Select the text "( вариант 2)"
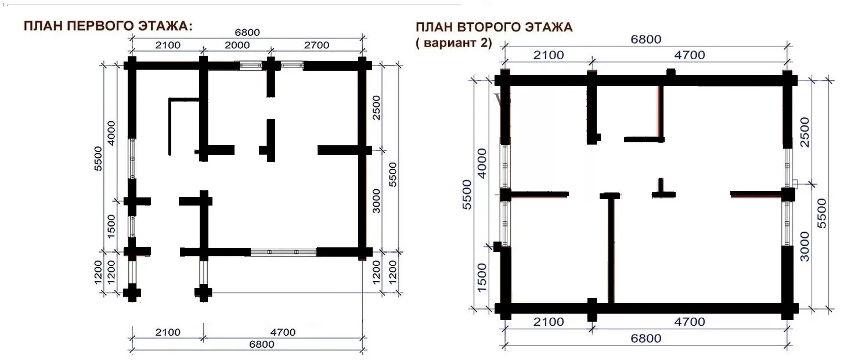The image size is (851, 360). (x=453, y=42)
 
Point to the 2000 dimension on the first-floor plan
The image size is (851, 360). (x=237, y=45)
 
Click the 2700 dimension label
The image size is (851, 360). (x=316, y=45)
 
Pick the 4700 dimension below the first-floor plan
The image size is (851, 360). (x=283, y=332)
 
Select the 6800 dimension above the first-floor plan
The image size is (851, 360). (x=247, y=33)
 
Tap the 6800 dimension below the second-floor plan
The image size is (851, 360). (x=646, y=339)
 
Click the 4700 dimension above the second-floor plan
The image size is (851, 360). (x=690, y=55)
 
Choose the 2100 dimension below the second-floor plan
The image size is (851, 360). (x=549, y=322)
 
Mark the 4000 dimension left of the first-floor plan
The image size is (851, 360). (x=111, y=133)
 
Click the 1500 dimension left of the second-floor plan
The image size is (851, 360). (x=481, y=278)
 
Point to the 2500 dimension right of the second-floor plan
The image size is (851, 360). (x=805, y=132)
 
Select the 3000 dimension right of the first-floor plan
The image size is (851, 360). (x=376, y=201)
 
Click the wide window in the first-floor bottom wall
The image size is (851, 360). (x=283, y=252)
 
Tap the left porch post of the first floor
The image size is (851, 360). (x=132, y=293)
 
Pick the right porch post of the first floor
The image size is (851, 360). (x=203, y=293)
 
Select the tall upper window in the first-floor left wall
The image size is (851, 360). (x=131, y=159)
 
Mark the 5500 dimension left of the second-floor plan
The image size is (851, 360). (x=467, y=195)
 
